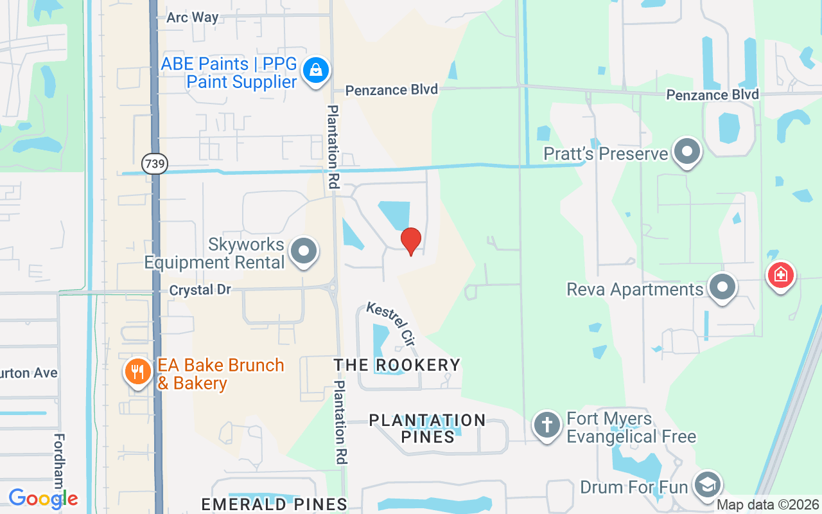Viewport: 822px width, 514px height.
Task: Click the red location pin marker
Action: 410,241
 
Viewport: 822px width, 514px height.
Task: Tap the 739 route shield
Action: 155,164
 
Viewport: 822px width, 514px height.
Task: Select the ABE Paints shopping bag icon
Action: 316,69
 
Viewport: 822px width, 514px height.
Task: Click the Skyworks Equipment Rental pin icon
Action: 304,251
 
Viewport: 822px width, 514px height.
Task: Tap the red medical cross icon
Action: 781,276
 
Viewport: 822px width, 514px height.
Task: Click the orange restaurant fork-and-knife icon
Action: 137,371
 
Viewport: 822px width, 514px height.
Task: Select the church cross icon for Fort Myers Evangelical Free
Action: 547,425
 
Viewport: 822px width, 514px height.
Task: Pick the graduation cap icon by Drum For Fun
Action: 707,486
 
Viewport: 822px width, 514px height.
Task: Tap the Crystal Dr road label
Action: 200,290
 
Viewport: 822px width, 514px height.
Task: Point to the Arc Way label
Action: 193,17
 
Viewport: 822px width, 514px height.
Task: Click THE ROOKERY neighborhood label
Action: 397,365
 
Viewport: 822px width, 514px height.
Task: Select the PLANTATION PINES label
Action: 427,428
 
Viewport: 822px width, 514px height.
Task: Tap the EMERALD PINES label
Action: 274,504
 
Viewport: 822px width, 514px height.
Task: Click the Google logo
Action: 43,498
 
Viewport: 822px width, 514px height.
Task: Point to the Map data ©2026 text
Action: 767,505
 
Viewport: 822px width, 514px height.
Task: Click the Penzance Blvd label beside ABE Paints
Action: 392,90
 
